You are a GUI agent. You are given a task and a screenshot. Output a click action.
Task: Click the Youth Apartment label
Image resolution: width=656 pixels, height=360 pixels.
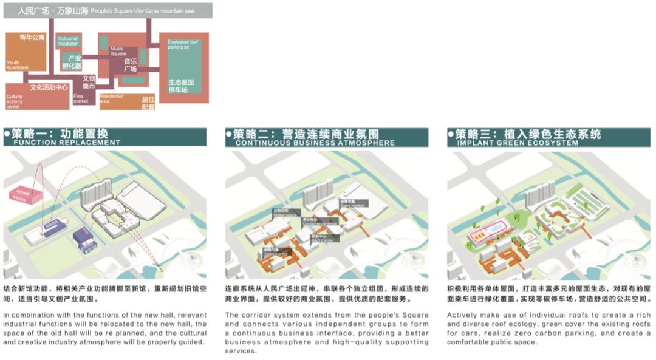17,64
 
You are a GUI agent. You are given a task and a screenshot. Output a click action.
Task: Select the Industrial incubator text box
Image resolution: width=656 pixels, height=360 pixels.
68,41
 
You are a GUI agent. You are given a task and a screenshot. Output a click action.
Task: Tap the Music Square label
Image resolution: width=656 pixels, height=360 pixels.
117,50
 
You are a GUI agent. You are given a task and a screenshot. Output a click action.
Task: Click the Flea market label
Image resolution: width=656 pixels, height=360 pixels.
81,98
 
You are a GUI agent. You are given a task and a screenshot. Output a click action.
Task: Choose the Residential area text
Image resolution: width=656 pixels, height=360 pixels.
112,98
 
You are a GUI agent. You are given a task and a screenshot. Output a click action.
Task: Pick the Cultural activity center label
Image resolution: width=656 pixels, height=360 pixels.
15,101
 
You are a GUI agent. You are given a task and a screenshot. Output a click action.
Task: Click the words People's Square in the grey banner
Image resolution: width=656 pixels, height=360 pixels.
109,11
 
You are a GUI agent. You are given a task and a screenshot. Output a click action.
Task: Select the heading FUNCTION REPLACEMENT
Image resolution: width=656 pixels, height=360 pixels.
67,143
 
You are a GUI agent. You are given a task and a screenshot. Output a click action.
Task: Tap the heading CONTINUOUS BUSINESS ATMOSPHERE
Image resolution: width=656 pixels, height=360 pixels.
315,143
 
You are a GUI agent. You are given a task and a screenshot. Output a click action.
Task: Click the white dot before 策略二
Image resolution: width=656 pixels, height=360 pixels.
228,134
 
